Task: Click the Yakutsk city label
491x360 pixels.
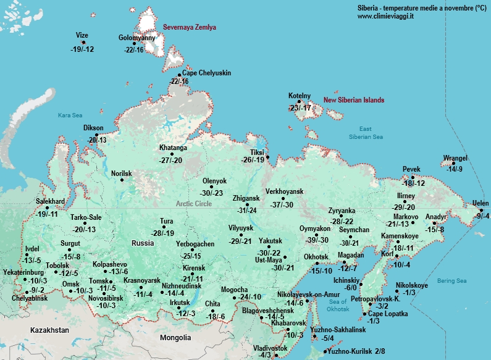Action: click(271, 240)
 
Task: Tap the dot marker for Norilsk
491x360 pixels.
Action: click(104, 180)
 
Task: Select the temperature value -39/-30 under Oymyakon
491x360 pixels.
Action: click(317, 240)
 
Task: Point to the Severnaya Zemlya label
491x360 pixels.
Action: click(190, 27)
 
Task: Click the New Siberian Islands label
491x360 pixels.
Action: click(354, 100)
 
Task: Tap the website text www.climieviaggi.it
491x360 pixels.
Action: click(385, 16)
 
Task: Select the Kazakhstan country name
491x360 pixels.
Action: click(49, 330)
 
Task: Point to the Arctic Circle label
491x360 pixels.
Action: click(194, 203)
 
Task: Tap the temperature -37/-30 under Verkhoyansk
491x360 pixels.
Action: click(285, 205)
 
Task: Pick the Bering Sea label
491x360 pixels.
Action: click(452, 281)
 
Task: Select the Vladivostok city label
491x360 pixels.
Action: click(271, 348)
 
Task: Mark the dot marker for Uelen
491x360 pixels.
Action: click(482, 211)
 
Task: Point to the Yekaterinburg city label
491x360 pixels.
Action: click(23, 272)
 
